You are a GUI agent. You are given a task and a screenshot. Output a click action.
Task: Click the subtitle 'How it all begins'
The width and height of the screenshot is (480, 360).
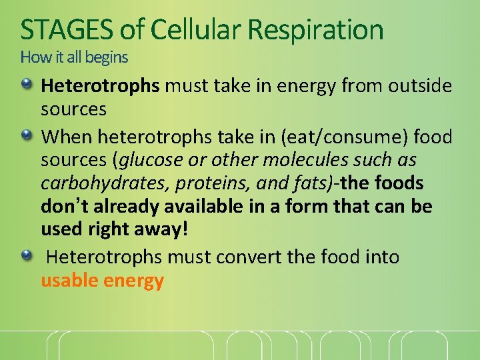(74, 57)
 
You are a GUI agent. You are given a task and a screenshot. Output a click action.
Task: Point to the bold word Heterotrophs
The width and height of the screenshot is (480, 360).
(100, 85)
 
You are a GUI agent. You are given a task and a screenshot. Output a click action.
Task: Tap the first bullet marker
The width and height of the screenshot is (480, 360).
(27, 85)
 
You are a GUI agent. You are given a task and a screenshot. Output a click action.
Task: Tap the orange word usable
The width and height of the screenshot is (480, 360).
(69, 281)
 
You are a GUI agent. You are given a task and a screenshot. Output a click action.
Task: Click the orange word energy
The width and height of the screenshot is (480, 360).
(133, 281)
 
